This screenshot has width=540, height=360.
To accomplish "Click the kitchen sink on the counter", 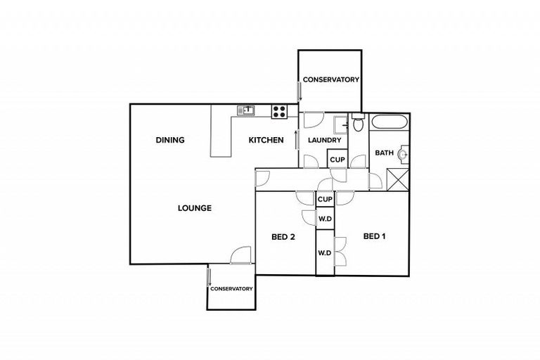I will [245, 110].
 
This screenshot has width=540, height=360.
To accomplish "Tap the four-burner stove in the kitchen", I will [279, 110].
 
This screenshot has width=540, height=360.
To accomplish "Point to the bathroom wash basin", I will [402, 153].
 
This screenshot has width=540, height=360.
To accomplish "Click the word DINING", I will [169, 140].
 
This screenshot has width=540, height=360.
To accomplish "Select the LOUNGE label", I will [195, 208].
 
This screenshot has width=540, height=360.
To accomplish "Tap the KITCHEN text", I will [266, 140].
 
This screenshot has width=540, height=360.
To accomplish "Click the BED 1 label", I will [375, 236].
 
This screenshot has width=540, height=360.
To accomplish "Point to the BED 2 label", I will [283, 237].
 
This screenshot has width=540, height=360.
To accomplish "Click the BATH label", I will [384, 153].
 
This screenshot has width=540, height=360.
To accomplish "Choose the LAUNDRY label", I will [325, 140].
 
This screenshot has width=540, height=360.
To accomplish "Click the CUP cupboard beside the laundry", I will [337, 160].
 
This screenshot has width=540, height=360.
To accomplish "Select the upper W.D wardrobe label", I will [325, 219].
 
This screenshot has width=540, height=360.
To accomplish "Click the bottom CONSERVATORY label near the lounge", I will [232, 288].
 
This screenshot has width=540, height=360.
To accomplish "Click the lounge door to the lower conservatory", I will [240, 255].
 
